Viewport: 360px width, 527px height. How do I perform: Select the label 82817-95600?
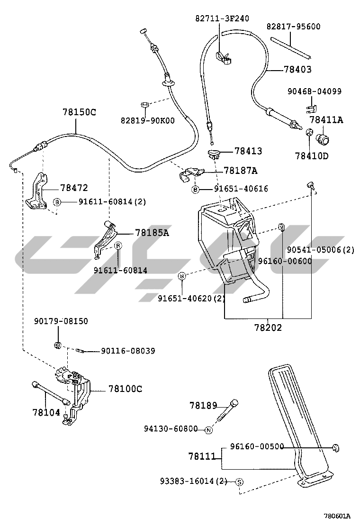click(293, 27)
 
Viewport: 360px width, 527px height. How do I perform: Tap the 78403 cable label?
click(297, 69)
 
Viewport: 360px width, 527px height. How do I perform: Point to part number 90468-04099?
click(314, 91)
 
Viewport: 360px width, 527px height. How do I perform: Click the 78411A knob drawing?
click(324, 139)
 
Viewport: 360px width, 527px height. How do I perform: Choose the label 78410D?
click(311, 155)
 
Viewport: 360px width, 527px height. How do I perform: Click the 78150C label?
click(79, 112)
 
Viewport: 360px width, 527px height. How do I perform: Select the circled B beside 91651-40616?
click(195, 189)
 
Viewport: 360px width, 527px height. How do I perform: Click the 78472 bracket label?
click(74, 188)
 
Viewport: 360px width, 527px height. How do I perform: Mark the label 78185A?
click(152, 233)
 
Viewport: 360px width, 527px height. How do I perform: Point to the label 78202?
click(268, 327)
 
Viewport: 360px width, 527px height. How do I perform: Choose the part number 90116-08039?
click(127, 351)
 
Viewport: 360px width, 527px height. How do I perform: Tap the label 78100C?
click(125, 389)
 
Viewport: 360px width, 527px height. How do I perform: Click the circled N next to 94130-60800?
click(207, 430)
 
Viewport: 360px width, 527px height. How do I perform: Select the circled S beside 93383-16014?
click(239, 482)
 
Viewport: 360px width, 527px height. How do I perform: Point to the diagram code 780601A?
click(337, 516)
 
